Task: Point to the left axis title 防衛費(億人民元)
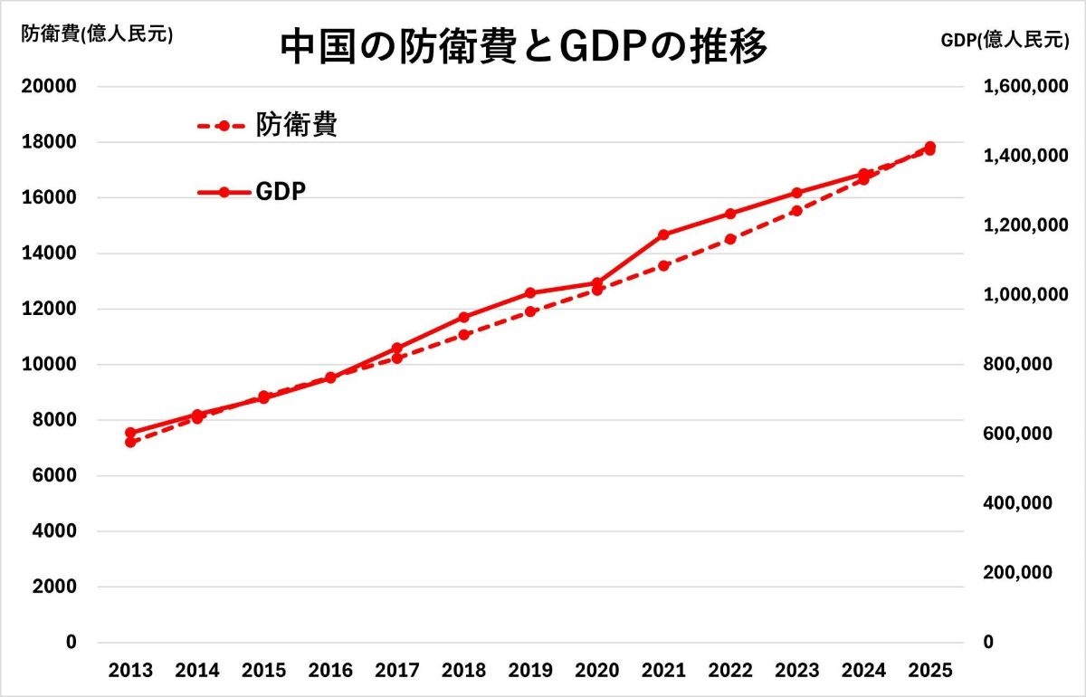97,34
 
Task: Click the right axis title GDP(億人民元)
1005,39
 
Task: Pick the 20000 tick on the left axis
49,87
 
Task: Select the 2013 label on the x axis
130,671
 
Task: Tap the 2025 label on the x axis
929,671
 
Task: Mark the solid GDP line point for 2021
663,234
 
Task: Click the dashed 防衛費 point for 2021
663,266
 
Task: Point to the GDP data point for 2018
464,318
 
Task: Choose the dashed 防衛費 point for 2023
796,211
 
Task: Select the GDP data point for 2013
130,433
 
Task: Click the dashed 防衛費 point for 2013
130,442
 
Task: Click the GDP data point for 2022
730,214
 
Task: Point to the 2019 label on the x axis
530,671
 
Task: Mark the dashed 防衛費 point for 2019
530,311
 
